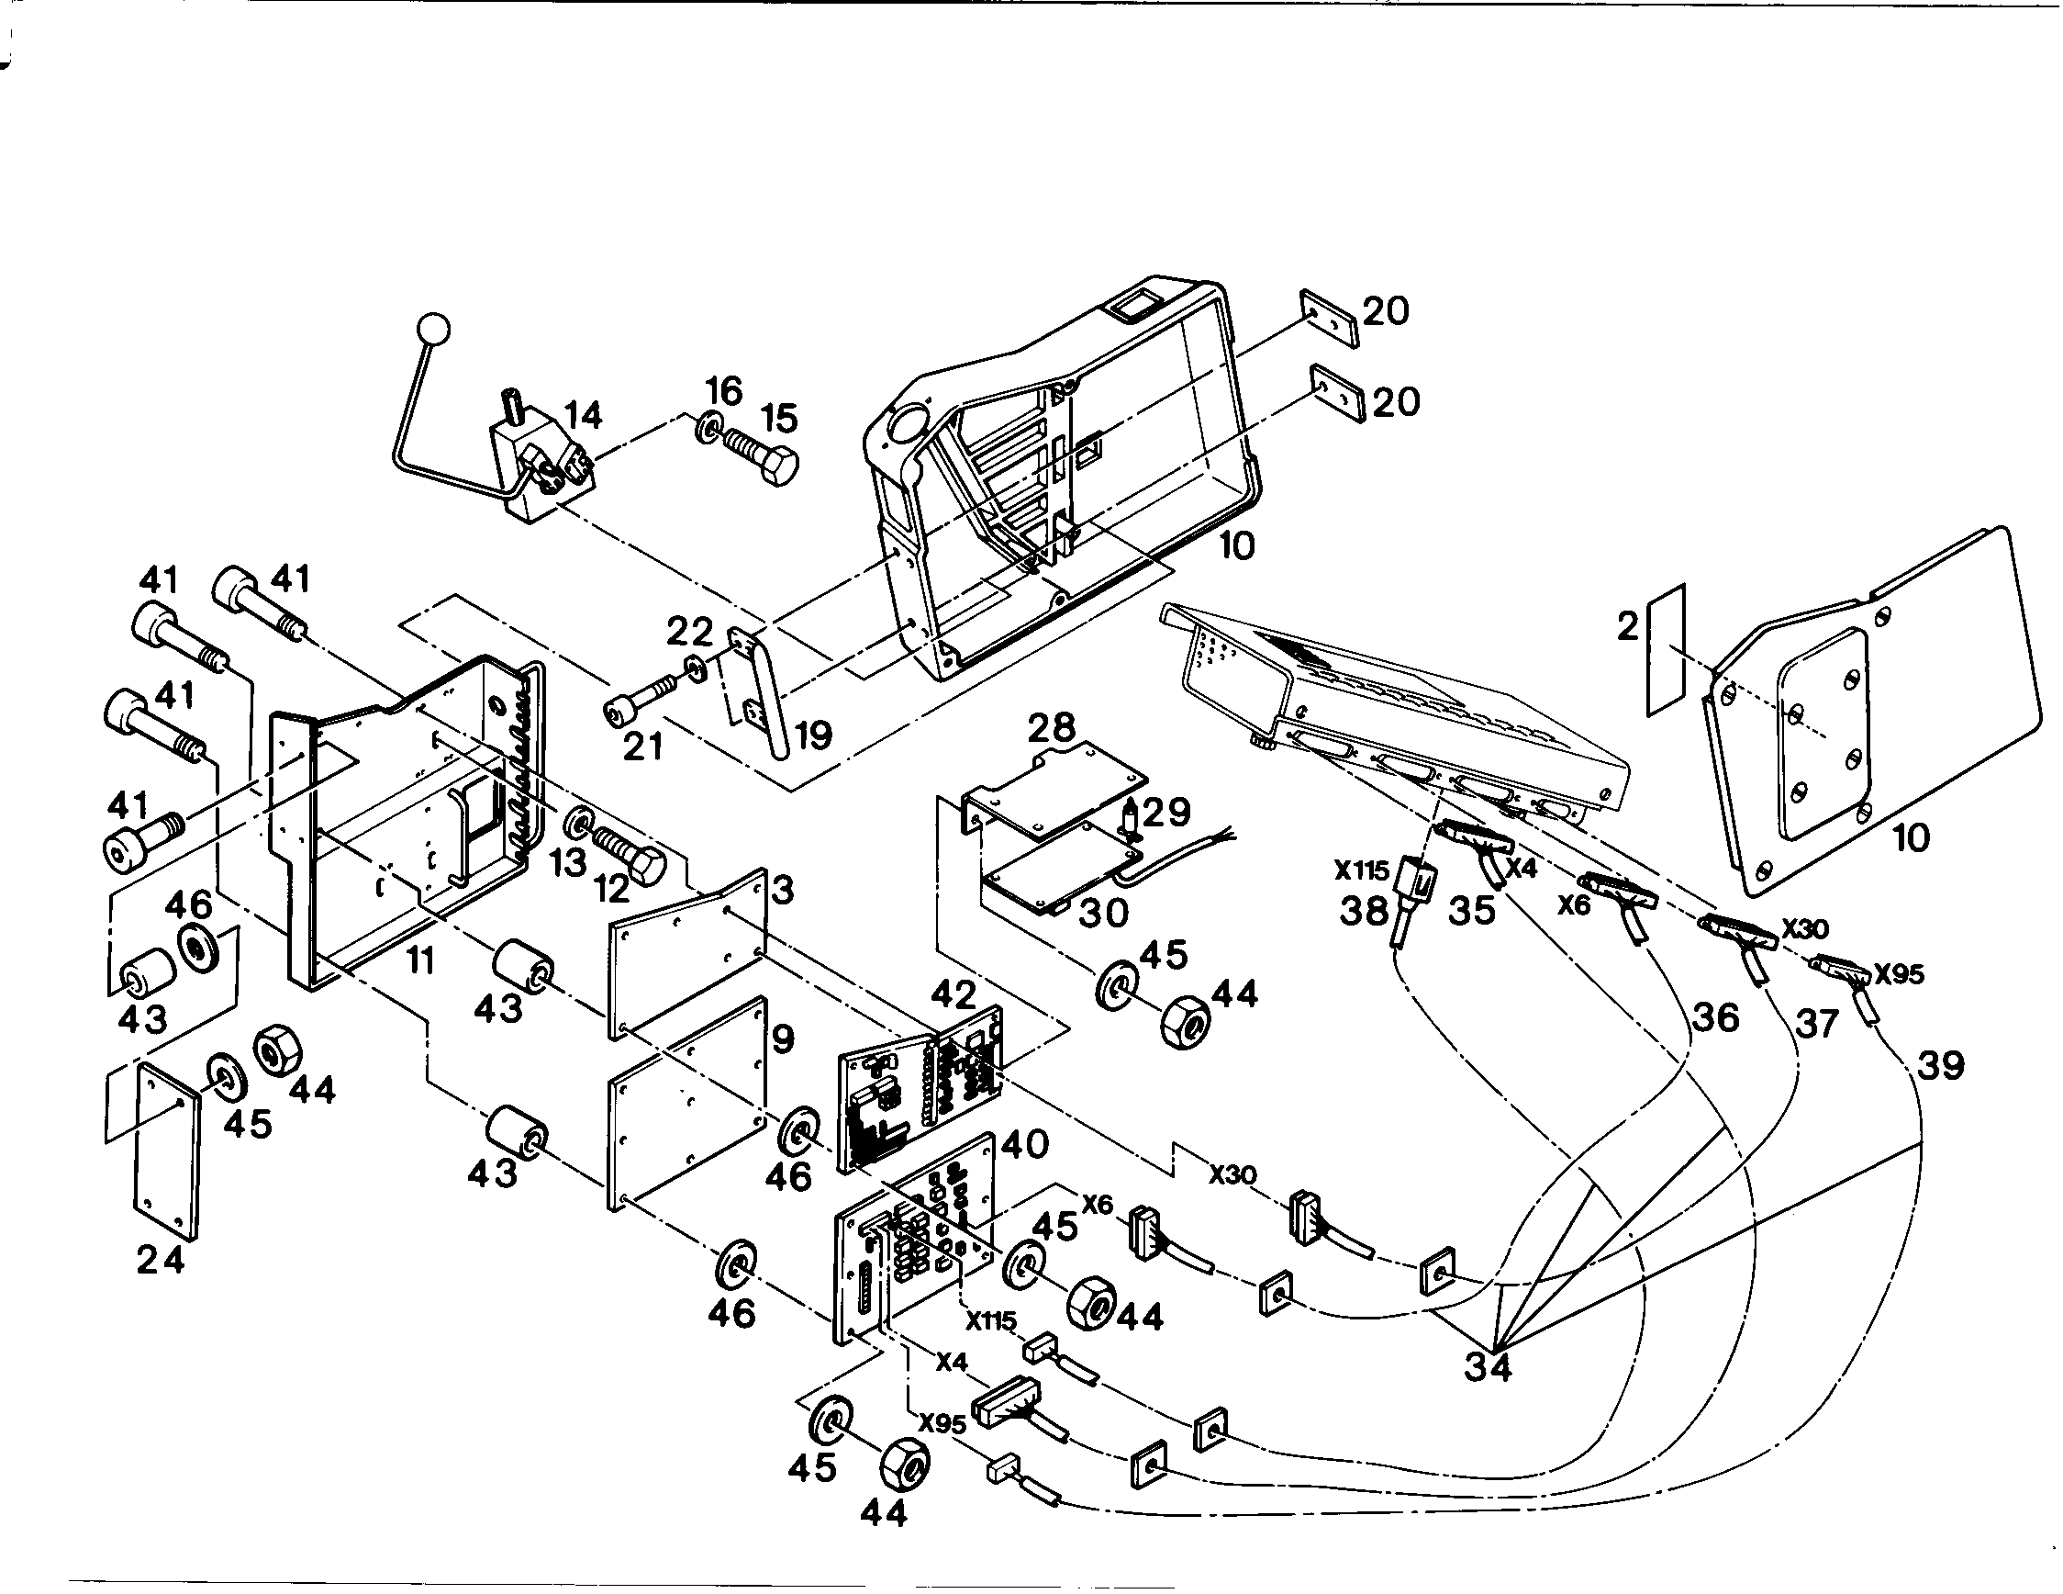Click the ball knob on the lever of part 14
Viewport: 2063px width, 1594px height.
(x=433, y=330)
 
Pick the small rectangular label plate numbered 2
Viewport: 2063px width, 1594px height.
(x=1667, y=649)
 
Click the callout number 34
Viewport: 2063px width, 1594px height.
(x=1488, y=1366)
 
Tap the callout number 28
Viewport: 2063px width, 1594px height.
(x=1052, y=727)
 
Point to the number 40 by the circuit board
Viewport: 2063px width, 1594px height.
(x=1025, y=1144)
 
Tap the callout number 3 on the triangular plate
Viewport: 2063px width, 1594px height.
(x=782, y=889)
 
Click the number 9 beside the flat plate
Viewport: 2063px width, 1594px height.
(x=783, y=1040)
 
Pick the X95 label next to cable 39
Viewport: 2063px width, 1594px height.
(x=1900, y=974)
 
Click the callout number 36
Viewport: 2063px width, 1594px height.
(x=1714, y=1016)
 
